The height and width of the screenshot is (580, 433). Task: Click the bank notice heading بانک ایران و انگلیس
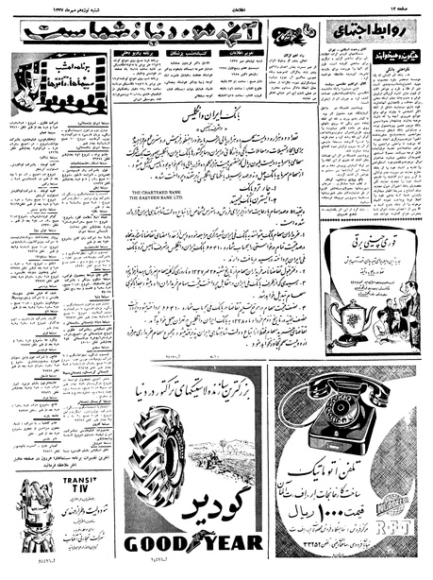click(214, 139)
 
